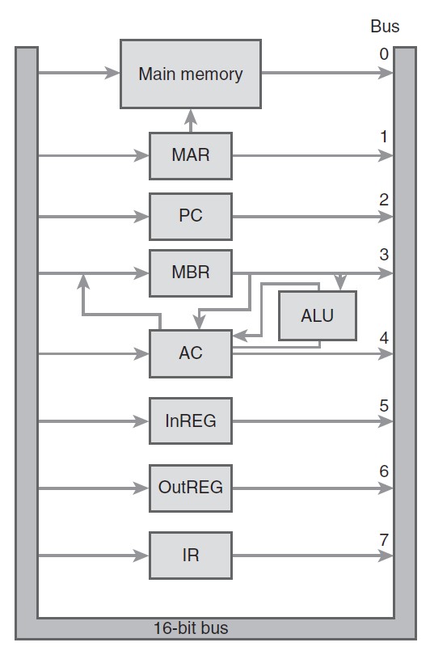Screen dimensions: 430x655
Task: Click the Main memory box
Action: point(191,74)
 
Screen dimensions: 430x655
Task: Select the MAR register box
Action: point(191,156)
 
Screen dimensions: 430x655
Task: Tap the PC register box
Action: point(191,217)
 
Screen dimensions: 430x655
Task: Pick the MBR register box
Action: point(191,273)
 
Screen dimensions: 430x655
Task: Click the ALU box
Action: point(318,315)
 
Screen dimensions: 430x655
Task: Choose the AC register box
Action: point(191,354)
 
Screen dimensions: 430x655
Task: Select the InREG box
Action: point(191,420)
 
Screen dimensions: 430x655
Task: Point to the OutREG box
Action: point(191,488)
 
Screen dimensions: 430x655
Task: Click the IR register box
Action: point(191,556)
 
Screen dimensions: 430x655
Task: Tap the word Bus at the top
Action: point(385,27)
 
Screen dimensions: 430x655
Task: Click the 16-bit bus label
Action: point(191,628)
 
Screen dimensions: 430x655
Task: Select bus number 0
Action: point(384,54)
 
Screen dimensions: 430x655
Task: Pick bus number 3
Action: point(384,255)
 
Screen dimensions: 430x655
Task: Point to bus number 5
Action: point(384,405)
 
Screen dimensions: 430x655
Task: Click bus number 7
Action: point(384,539)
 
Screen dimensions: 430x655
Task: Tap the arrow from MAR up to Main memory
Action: point(191,120)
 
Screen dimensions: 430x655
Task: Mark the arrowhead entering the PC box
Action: point(141,217)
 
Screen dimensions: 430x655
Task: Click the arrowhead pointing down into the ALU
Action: point(340,282)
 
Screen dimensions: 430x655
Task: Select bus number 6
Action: point(384,471)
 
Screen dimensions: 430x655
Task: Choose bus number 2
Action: point(384,200)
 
